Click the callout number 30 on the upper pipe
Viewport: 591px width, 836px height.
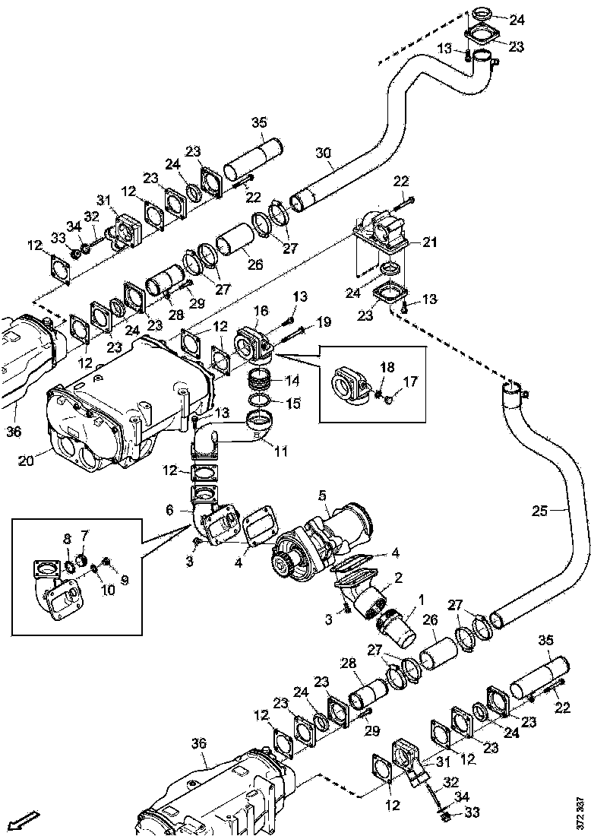tap(324, 153)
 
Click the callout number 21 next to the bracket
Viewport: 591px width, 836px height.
tap(430, 242)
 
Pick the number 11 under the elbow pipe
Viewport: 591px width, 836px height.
tap(281, 451)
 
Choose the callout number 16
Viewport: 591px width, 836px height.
tap(261, 311)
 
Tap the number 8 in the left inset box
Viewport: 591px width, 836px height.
tap(66, 539)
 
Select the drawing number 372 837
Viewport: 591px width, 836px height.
tap(581, 812)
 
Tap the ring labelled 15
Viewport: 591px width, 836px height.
tap(259, 400)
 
